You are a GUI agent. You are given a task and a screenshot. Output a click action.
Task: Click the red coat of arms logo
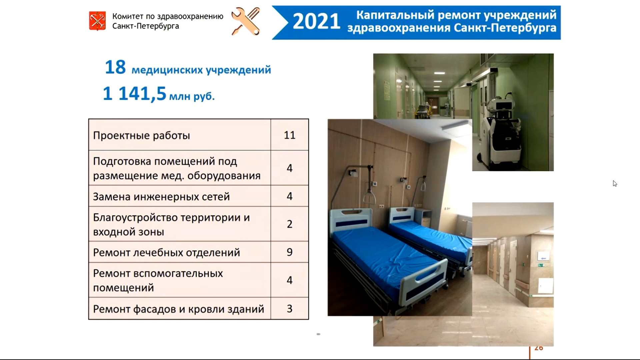click(x=97, y=21)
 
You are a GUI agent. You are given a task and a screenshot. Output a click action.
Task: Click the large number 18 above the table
click(x=115, y=67)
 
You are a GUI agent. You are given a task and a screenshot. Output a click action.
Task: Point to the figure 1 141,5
click(x=134, y=93)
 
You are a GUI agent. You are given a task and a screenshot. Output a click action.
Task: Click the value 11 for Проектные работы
click(x=290, y=135)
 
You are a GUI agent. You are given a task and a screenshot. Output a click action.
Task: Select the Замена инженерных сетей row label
click(x=161, y=197)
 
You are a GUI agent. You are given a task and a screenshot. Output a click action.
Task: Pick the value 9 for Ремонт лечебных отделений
click(x=290, y=252)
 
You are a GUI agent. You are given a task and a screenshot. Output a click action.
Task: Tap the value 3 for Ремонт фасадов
click(x=290, y=309)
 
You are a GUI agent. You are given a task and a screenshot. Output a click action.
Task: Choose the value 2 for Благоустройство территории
click(x=290, y=224)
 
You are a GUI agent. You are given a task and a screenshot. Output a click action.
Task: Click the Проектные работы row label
click(x=141, y=136)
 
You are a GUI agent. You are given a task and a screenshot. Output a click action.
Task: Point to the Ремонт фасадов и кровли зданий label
click(x=179, y=309)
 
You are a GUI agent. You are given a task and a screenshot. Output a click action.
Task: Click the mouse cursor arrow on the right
click(x=615, y=183)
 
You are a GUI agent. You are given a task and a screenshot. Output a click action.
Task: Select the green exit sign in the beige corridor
click(x=541, y=265)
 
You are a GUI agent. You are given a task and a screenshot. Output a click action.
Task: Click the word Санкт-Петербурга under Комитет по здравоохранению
click(x=146, y=26)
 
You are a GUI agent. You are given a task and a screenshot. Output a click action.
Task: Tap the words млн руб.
click(x=192, y=97)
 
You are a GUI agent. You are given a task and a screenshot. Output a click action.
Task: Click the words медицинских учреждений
click(x=201, y=70)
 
